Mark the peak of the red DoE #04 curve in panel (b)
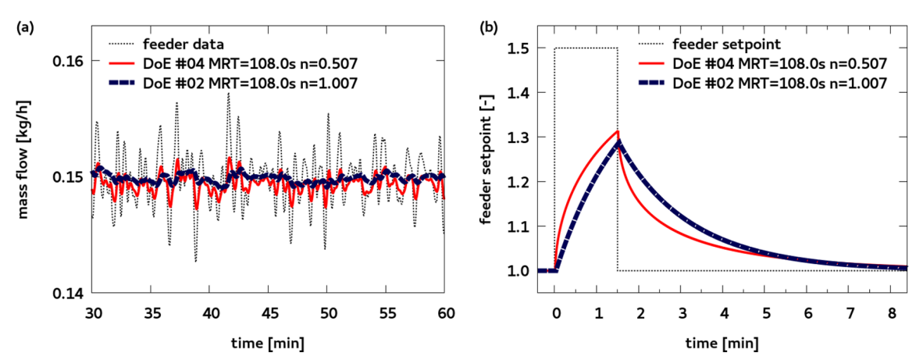pos(618,131)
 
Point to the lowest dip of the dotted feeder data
pos(195,261)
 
